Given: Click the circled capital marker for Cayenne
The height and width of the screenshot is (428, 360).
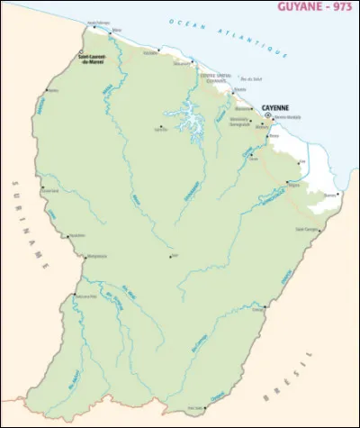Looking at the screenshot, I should pos(267,115).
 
